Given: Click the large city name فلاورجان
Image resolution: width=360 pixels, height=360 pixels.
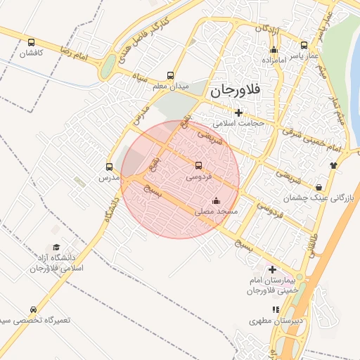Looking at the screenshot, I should click(x=235, y=90).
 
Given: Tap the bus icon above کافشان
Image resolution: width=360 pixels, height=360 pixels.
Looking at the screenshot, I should click(x=31, y=41).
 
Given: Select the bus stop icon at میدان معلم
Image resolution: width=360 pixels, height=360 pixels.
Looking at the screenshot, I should click(x=170, y=76).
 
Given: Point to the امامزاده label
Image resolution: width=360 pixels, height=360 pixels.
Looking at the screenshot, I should click(x=274, y=61).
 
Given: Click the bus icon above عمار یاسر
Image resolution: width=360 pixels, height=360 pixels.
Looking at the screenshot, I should click(x=304, y=44).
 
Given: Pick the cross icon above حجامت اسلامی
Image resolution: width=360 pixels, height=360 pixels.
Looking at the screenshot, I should click(x=238, y=112).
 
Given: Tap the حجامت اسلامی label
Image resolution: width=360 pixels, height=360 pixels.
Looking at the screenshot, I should click(x=238, y=123).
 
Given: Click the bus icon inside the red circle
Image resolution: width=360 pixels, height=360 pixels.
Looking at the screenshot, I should click(x=198, y=167).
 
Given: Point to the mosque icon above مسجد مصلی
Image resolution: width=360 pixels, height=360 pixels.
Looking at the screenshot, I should click(x=215, y=200).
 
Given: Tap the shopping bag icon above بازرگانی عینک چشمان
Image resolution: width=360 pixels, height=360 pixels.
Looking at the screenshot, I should click(x=320, y=187).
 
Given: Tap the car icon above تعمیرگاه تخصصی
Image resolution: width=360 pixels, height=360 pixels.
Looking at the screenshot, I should click(x=33, y=309).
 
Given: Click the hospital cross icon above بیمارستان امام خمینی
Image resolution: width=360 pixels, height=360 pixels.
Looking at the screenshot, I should click(x=273, y=270).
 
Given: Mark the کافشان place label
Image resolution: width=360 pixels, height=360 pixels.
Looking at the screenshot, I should click(x=31, y=53).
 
